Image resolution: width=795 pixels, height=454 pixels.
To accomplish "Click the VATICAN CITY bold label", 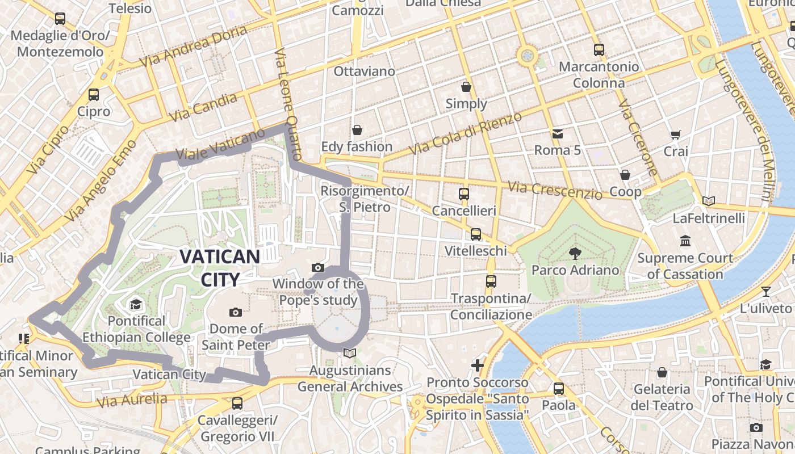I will click(x=220, y=267).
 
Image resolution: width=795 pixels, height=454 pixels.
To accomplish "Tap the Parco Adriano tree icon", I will click(x=575, y=253).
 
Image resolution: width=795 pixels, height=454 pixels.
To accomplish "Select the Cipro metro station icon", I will click(x=94, y=95).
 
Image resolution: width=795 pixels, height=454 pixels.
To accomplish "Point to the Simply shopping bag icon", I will click(x=466, y=87).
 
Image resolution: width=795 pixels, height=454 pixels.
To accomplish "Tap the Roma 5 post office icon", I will click(x=557, y=134).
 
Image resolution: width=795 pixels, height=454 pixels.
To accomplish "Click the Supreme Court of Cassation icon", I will click(x=685, y=241).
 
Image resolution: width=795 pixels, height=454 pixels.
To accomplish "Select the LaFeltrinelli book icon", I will click(x=708, y=201).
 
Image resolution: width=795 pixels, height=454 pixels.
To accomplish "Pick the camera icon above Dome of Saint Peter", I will click(x=236, y=312).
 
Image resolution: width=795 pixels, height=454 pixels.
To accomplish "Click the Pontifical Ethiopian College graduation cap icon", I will click(x=136, y=305).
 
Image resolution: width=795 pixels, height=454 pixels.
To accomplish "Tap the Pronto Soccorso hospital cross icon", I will click(x=478, y=365).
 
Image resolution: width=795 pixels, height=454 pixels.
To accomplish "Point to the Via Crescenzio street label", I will click(x=555, y=191).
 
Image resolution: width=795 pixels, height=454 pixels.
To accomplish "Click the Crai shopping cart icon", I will click(x=675, y=135).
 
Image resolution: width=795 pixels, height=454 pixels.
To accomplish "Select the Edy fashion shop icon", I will click(x=357, y=130).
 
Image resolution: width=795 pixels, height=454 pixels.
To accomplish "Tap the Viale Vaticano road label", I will click(x=220, y=144).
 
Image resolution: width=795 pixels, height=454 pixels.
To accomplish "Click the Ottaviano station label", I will click(x=364, y=72).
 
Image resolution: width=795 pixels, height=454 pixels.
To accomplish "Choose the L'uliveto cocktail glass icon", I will click(x=765, y=292).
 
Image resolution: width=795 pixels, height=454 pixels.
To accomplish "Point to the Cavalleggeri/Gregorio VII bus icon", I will click(x=237, y=403).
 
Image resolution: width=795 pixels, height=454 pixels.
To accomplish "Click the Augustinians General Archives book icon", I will click(x=350, y=354).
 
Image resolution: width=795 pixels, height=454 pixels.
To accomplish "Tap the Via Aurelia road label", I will click(x=132, y=400).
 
